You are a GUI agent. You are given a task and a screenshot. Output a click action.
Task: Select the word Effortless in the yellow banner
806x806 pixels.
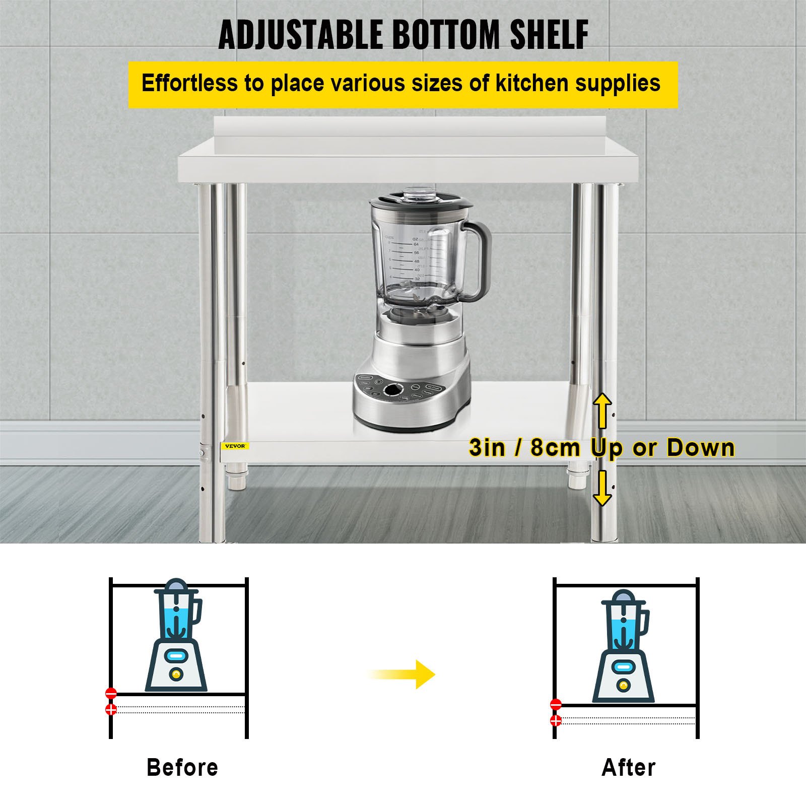pos(189,83)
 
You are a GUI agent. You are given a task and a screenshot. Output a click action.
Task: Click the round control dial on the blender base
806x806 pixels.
pos(392,390)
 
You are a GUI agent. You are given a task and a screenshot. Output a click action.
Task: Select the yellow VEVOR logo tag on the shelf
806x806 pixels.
pos(235,446)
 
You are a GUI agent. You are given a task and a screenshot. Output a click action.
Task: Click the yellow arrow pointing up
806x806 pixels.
pos(602,410)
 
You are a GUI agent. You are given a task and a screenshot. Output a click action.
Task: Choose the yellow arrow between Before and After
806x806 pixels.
pos(403,674)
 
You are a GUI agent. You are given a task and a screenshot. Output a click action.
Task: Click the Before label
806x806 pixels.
pos(182,767)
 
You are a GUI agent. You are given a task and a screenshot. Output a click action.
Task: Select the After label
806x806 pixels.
pos(629,767)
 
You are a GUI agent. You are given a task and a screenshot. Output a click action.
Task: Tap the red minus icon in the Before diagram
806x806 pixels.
pos(111,693)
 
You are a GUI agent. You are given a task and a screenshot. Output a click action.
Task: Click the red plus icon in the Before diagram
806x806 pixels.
pos(111,709)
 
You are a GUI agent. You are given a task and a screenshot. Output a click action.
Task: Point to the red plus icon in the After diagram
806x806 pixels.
pos(556,720)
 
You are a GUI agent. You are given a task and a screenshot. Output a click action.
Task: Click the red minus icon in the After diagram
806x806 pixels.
pos(556,704)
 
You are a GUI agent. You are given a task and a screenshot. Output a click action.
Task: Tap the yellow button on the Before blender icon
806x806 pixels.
pos(176,674)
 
